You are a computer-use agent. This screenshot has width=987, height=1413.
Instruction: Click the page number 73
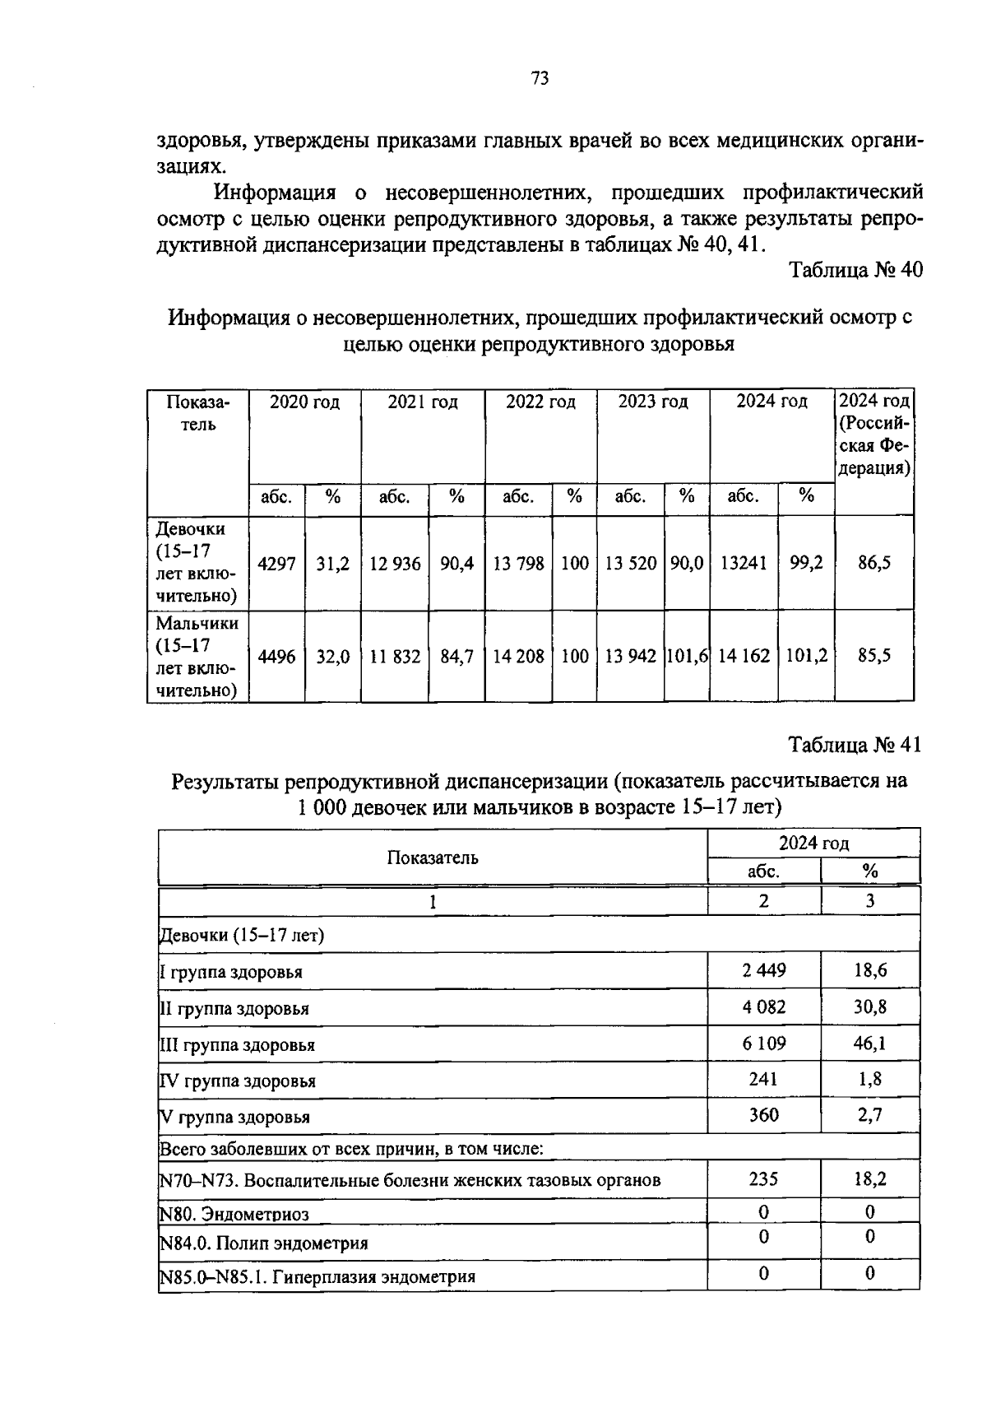(x=540, y=79)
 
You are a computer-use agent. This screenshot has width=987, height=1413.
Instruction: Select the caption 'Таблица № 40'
(x=855, y=270)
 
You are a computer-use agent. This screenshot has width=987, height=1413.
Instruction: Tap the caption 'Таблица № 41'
(x=855, y=745)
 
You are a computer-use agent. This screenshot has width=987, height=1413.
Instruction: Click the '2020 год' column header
(x=304, y=402)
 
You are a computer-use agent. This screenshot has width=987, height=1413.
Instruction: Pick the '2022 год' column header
(x=540, y=402)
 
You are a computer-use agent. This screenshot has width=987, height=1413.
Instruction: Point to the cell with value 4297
(x=276, y=564)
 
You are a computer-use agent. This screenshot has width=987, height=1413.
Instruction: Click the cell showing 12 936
(x=395, y=564)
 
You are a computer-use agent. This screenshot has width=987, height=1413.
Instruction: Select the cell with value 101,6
(x=687, y=657)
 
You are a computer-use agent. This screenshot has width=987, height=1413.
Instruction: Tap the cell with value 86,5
(x=873, y=564)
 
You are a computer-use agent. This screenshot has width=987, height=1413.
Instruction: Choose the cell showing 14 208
(x=518, y=657)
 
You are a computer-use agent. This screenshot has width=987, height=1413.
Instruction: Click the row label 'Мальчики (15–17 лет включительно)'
(x=197, y=657)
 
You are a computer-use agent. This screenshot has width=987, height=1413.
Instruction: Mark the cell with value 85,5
(x=873, y=657)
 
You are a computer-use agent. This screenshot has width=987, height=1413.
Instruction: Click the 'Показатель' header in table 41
(x=433, y=858)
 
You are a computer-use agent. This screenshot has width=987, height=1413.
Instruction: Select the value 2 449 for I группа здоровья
(x=763, y=970)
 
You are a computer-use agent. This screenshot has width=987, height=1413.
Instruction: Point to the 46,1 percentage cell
(x=869, y=1043)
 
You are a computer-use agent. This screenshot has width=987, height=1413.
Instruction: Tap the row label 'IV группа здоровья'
(x=238, y=1081)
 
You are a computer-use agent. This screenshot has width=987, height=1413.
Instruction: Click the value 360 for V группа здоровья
(x=763, y=1116)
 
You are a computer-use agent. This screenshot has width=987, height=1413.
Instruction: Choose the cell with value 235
(x=763, y=1179)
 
